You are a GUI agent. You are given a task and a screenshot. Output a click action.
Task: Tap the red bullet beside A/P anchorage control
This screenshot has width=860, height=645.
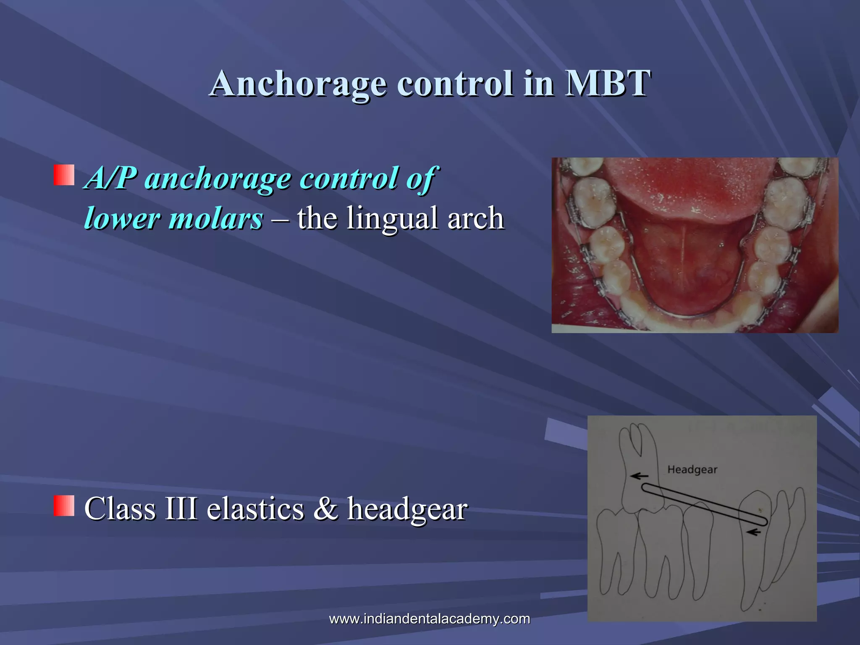tap(64, 175)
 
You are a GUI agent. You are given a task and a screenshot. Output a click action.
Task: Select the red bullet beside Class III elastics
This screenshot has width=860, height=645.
tap(64, 505)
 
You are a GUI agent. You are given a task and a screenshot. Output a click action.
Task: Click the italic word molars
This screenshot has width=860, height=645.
tap(216, 219)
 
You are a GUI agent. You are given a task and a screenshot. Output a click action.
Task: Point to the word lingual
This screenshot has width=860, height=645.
tap(393, 219)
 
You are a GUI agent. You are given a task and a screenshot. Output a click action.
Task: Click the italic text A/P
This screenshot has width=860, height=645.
tap(110, 178)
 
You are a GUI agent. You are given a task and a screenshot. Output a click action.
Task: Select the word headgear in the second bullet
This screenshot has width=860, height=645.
tap(407, 509)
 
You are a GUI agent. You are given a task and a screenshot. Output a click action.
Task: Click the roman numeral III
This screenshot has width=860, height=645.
tap(181, 509)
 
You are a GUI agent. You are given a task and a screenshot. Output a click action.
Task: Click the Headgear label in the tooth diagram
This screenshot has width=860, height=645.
tap(692, 469)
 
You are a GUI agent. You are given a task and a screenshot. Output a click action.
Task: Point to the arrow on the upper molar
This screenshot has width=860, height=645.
tap(640, 476)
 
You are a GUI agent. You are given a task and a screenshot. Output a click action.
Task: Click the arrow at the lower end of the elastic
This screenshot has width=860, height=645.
tap(755, 532)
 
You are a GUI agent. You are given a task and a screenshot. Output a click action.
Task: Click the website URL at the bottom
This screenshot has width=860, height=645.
tap(429, 619)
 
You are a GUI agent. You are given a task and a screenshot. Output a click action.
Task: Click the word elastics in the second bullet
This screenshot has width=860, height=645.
tap(255, 509)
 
